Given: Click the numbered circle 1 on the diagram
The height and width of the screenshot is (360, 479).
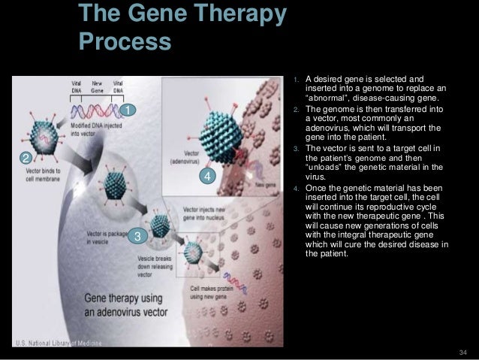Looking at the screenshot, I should (128, 112).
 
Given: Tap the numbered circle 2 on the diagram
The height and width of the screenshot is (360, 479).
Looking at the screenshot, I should (24, 159).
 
